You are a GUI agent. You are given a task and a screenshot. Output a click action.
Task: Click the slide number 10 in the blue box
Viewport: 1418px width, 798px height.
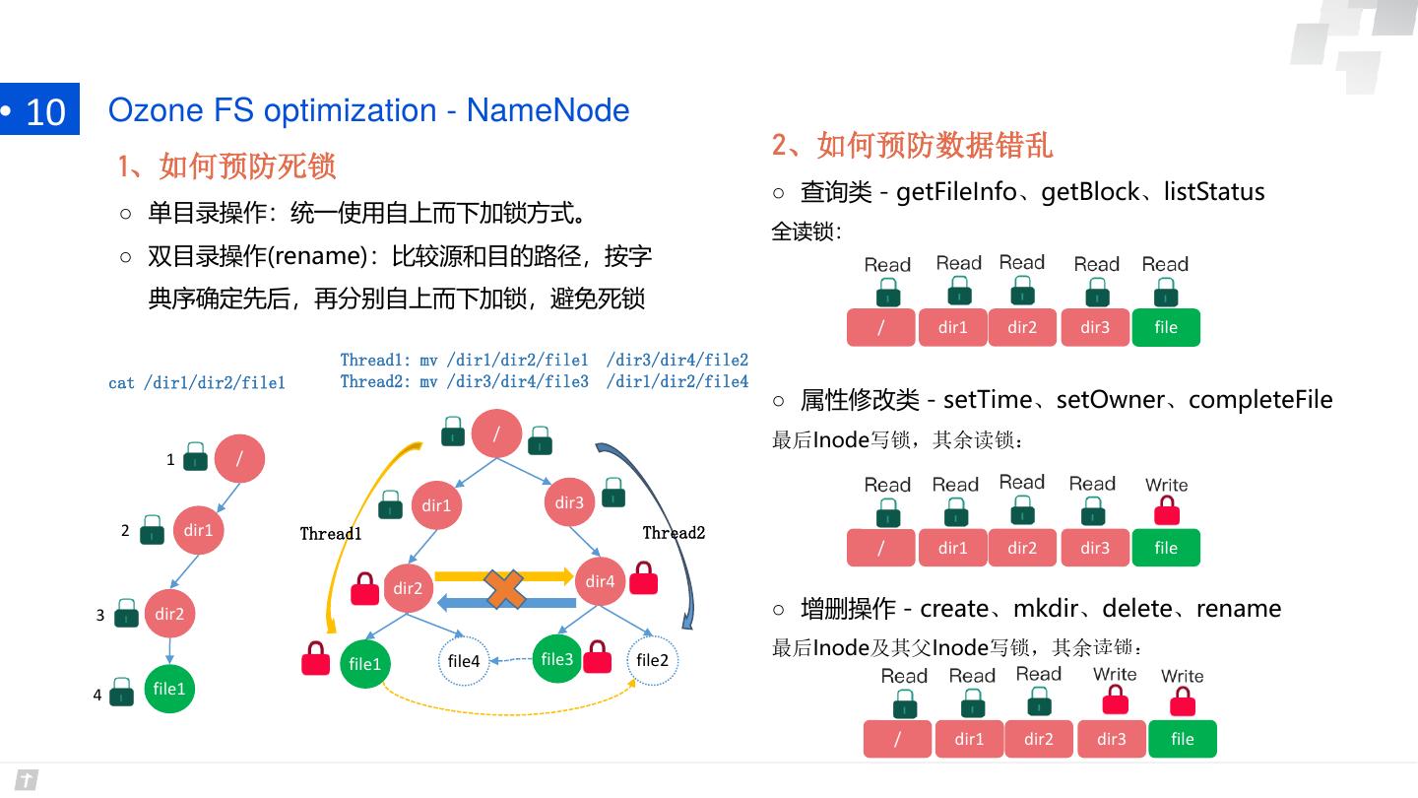[45, 112]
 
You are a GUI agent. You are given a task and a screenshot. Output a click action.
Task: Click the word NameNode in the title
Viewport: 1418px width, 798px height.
[548, 110]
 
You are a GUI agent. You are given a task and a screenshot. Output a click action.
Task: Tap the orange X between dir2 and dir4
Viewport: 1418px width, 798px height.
[504, 588]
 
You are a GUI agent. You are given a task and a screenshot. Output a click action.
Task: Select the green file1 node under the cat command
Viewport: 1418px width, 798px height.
[169, 689]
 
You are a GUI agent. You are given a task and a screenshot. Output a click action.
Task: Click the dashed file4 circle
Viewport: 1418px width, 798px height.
[464, 661]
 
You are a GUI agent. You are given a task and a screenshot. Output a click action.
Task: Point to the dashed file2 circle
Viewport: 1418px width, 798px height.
[652, 660]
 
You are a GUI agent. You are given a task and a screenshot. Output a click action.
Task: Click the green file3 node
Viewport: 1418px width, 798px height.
[557, 659]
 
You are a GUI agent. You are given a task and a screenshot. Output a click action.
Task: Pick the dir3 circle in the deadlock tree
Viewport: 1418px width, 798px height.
[569, 502]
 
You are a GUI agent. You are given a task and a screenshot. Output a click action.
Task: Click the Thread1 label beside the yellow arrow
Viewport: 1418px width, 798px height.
[331, 534]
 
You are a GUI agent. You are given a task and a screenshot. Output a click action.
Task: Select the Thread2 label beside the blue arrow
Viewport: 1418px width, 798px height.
[674, 533]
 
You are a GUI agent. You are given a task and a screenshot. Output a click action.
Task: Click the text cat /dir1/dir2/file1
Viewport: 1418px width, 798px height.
[197, 383]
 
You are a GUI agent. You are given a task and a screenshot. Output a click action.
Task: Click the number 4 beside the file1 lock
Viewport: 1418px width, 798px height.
[97, 695]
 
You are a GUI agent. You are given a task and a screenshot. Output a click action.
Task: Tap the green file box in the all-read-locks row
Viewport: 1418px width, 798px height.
[1166, 327]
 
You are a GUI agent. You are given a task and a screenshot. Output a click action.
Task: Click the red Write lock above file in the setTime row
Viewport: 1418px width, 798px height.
[1167, 510]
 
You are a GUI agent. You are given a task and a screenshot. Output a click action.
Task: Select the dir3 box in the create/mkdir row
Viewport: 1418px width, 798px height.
[1112, 739]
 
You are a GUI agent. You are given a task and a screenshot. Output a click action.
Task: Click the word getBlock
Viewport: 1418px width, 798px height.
[1090, 192]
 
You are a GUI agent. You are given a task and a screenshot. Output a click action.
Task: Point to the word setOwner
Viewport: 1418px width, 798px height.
[1111, 400]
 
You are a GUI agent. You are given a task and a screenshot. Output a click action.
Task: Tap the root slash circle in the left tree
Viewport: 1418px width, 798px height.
[239, 458]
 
